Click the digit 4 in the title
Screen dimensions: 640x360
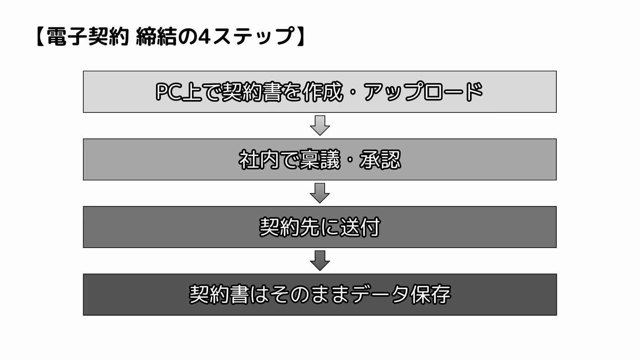click(x=204, y=37)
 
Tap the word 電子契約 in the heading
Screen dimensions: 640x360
click(x=87, y=37)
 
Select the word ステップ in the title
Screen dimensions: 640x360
click(x=253, y=37)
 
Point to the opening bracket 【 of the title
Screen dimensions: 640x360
click(x=41, y=37)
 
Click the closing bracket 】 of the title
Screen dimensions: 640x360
click(x=301, y=37)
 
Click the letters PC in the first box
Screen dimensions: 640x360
click(x=169, y=92)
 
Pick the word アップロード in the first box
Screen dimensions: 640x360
click(x=423, y=92)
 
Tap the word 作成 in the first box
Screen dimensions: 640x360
click(x=323, y=92)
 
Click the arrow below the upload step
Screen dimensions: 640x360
click(x=320, y=126)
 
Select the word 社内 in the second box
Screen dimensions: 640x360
click(x=259, y=159)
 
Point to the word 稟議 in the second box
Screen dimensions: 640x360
click(x=319, y=159)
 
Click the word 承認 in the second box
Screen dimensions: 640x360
click(x=380, y=159)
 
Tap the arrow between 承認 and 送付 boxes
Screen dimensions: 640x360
click(x=320, y=193)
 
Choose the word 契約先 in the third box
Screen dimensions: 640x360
click(x=289, y=227)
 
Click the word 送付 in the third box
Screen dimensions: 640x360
click(x=360, y=227)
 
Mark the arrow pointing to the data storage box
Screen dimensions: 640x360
click(x=320, y=261)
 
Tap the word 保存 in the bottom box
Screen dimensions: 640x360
click(x=430, y=295)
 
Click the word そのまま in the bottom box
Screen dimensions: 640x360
click(x=310, y=295)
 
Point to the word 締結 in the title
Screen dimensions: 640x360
click(x=156, y=37)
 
